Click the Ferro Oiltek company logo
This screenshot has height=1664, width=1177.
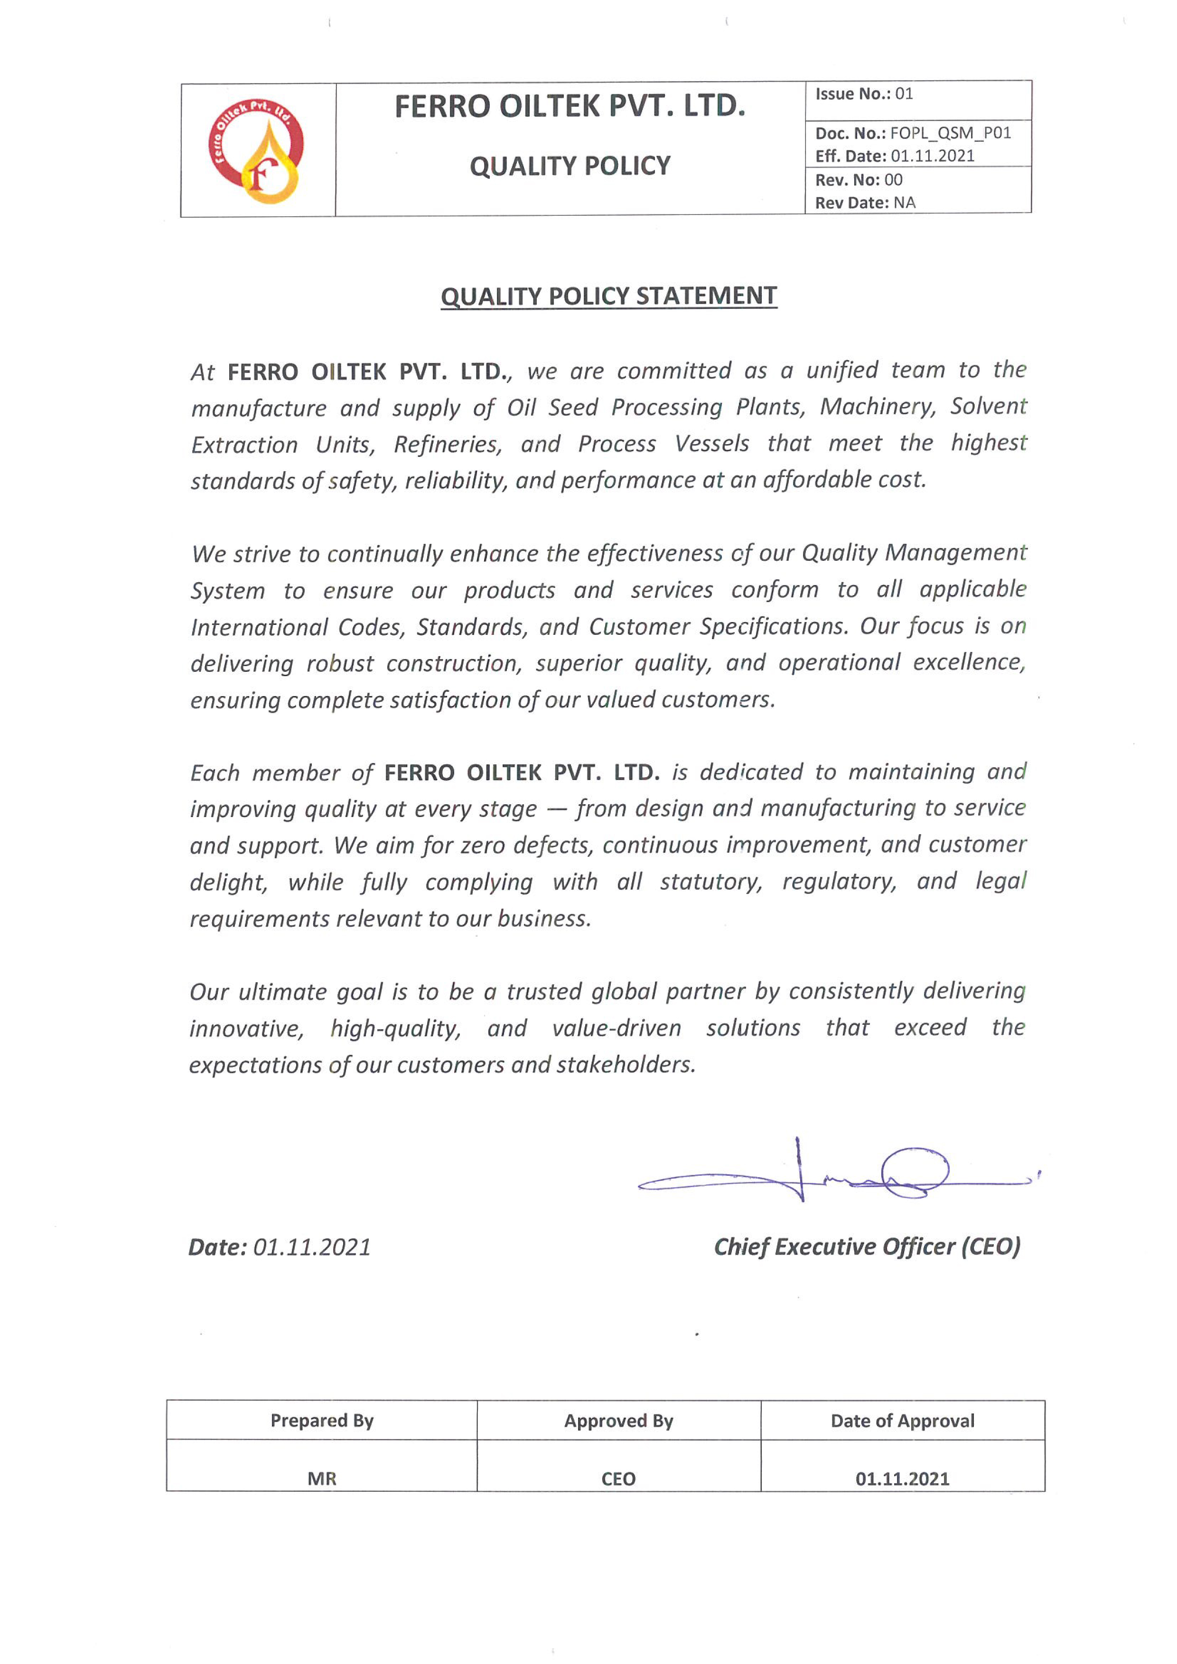(257, 151)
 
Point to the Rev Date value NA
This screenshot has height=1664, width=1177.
(905, 203)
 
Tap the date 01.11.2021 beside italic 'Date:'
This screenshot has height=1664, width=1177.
(312, 1247)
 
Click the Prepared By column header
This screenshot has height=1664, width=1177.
(322, 1421)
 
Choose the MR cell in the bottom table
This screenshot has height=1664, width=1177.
(322, 1478)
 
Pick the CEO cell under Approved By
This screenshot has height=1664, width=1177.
(618, 1478)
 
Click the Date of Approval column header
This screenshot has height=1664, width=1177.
(902, 1421)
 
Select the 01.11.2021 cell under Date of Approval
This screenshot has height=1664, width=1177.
(902, 1478)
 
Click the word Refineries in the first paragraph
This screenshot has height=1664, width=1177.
(447, 444)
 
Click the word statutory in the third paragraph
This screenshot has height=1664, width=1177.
(710, 882)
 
